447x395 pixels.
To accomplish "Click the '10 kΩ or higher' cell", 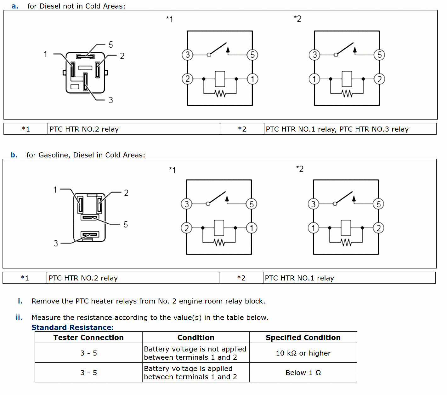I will (303, 353).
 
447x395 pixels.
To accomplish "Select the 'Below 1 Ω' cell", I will (303, 373).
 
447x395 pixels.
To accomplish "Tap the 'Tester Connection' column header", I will (88, 338).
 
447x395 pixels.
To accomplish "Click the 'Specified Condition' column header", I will (303, 338).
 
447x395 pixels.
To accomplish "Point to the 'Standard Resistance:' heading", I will (72, 327).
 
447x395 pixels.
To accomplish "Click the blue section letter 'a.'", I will (15, 6).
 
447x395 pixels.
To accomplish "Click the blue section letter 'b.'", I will (14, 155).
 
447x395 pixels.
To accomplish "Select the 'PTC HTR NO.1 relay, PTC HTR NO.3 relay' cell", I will (337, 129).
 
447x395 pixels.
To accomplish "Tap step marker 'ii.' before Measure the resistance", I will (19, 317).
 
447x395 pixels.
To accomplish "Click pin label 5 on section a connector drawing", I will (111, 45).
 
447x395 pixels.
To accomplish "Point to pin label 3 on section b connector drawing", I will (56, 243).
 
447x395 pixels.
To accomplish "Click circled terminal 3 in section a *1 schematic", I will (188, 55).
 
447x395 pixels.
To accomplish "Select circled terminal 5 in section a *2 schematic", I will (379, 55).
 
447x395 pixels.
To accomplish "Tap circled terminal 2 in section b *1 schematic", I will (187, 228).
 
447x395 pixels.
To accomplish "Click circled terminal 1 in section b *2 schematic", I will (314, 228).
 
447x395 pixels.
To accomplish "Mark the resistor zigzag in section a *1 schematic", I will (220, 93).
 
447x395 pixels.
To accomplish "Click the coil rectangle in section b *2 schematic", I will (346, 228).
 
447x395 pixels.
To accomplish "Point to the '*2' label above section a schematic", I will (297, 19).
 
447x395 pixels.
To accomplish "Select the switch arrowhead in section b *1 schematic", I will (227, 198).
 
